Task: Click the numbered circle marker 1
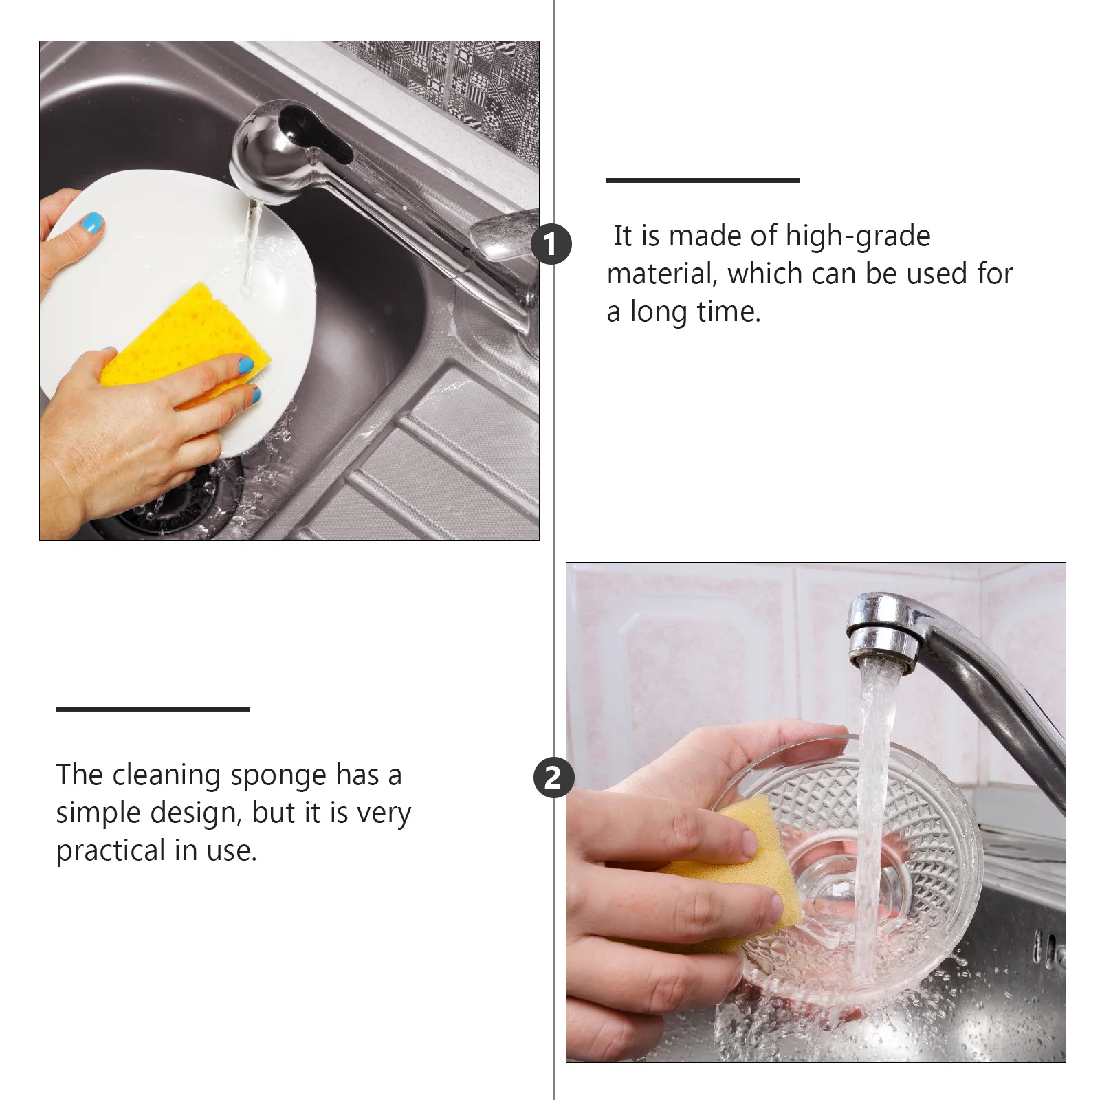coord(551,244)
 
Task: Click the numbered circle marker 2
coord(553,778)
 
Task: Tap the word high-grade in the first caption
coord(857,236)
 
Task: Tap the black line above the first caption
coord(703,180)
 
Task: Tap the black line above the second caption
coord(152,709)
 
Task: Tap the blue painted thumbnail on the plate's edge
coord(92,223)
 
